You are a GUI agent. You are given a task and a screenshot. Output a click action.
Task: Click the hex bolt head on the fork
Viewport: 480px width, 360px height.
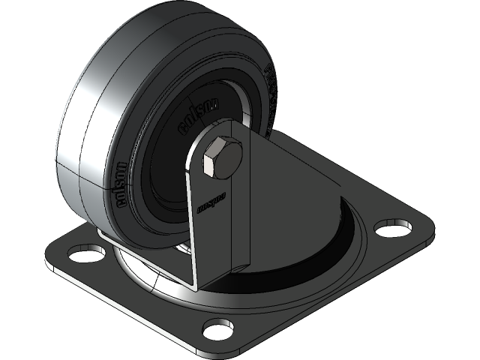(221, 159)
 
